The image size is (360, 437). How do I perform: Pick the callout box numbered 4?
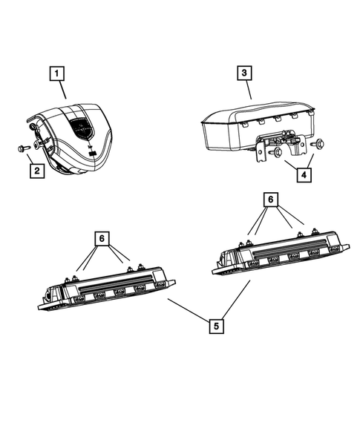[302, 176]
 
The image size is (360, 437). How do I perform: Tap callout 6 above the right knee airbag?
[272, 200]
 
